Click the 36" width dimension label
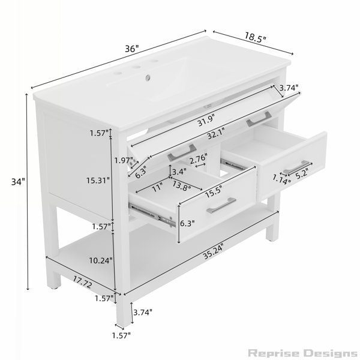pos(132,49)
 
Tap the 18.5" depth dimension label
pos(256,37)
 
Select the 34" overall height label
pos(18,182)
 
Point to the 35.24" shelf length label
pos(213,252)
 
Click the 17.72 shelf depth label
pos(83,282)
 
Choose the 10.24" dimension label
pos(101,260)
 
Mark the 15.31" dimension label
pos(98,181)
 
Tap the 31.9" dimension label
pos(206,120)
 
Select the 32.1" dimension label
pos(216,133)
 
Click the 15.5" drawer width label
pos(214,192)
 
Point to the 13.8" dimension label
pos(182,185)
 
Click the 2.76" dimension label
pos(199,159)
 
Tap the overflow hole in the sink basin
pos(148,77)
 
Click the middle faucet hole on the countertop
pos(136,67)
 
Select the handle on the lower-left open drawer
pos(221,205)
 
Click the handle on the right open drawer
pos(297,167)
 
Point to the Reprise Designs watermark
pos(302,353)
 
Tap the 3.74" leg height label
pos(143,312)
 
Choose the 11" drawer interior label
pos(157,187)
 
